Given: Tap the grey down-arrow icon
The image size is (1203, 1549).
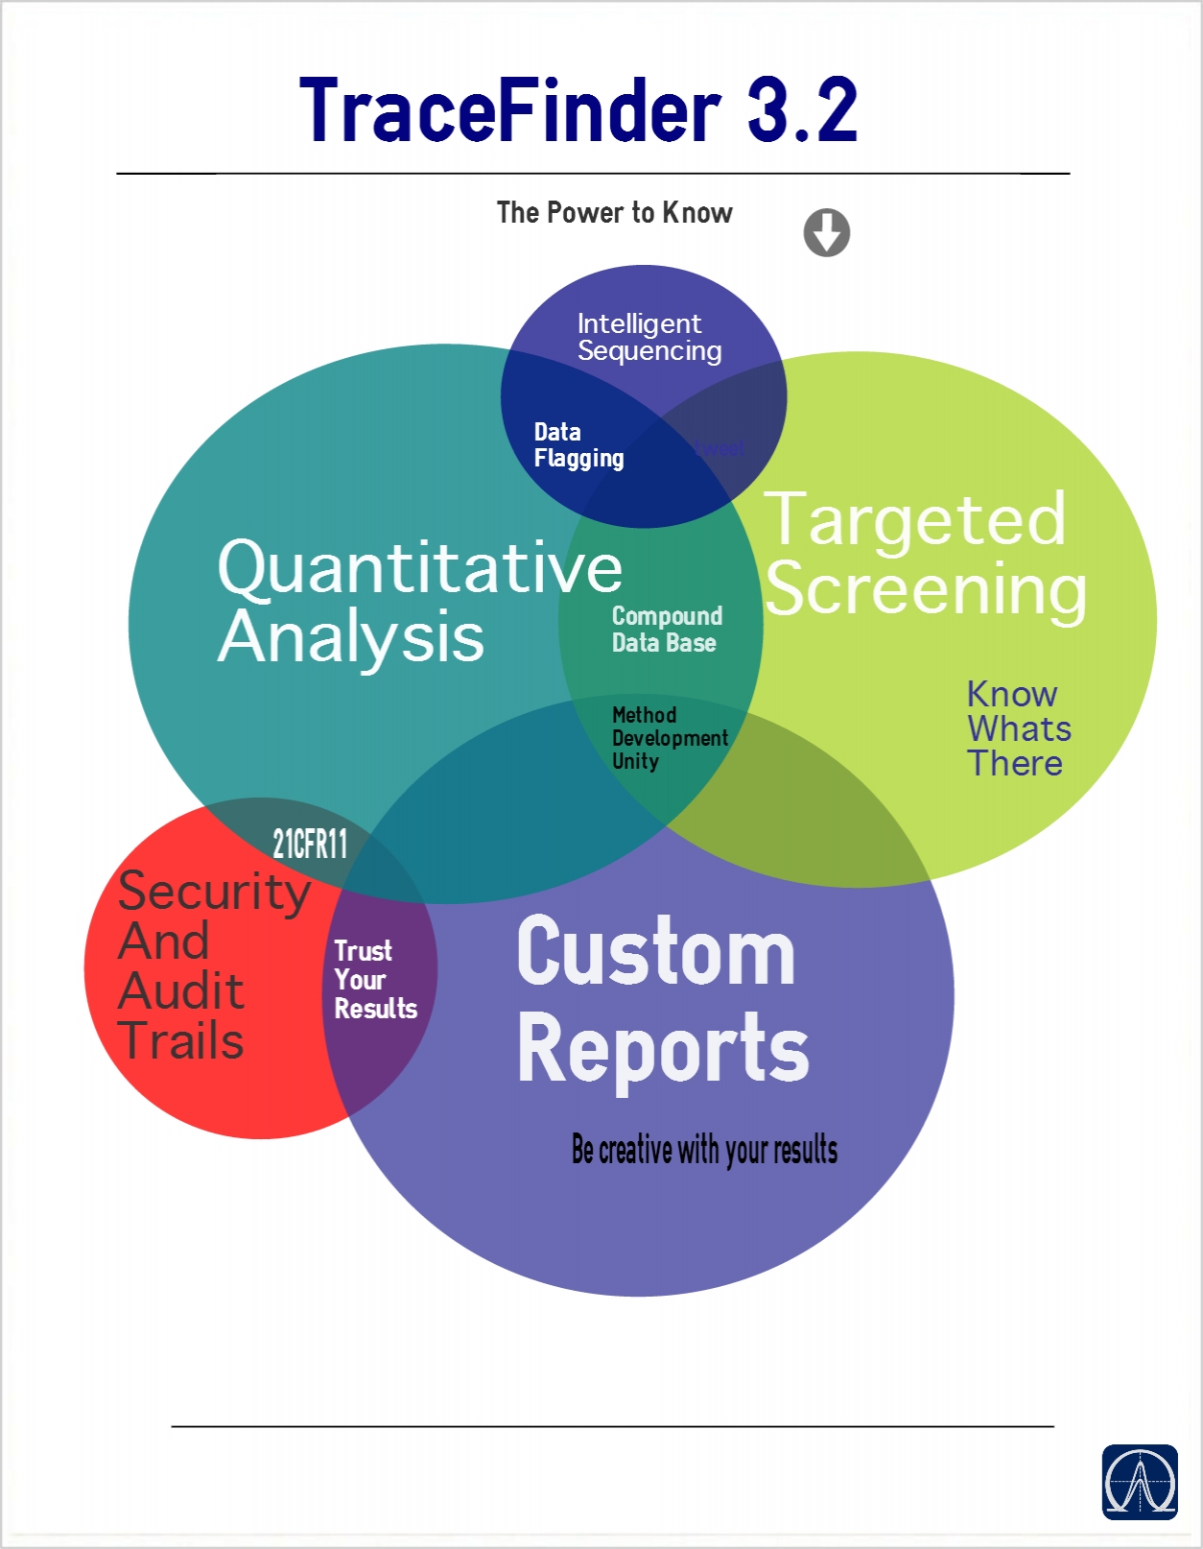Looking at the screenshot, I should coord(826,232).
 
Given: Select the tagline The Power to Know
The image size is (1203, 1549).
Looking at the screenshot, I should coord(614,212).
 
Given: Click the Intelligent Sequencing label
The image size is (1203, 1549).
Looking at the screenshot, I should coord(649,337).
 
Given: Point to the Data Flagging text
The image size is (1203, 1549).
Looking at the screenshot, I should coord(578,445).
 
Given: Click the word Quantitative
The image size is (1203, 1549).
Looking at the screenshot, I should coord(419,568).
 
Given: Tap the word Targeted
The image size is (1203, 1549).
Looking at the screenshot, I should coord(914,519).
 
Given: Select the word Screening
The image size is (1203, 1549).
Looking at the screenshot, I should coord(926,589).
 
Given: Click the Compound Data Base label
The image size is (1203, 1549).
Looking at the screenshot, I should coord(667,630).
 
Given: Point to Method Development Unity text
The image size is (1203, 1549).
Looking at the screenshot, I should coord(669,738).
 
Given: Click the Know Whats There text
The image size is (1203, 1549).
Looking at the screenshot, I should coord(1017,728).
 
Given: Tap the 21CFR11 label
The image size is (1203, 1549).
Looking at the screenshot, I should coord(309,845).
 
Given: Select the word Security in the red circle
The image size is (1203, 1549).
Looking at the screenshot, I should coord(214,892).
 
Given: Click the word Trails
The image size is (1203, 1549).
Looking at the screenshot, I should coord(181,1041).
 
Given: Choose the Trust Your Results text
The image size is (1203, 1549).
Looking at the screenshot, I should coord(374,980).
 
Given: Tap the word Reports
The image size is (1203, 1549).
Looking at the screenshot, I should coord(663,1049).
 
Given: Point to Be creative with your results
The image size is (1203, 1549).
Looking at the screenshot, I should coord(704,1150).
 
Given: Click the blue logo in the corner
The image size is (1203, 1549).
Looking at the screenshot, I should coord(1139,1482).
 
